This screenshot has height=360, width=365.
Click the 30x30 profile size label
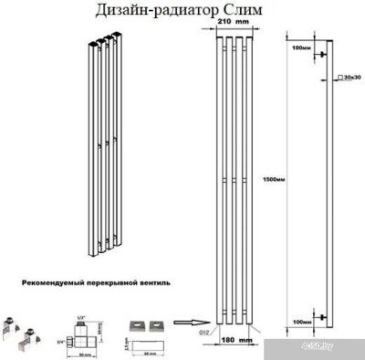349,79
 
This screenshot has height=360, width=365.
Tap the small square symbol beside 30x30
339,79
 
